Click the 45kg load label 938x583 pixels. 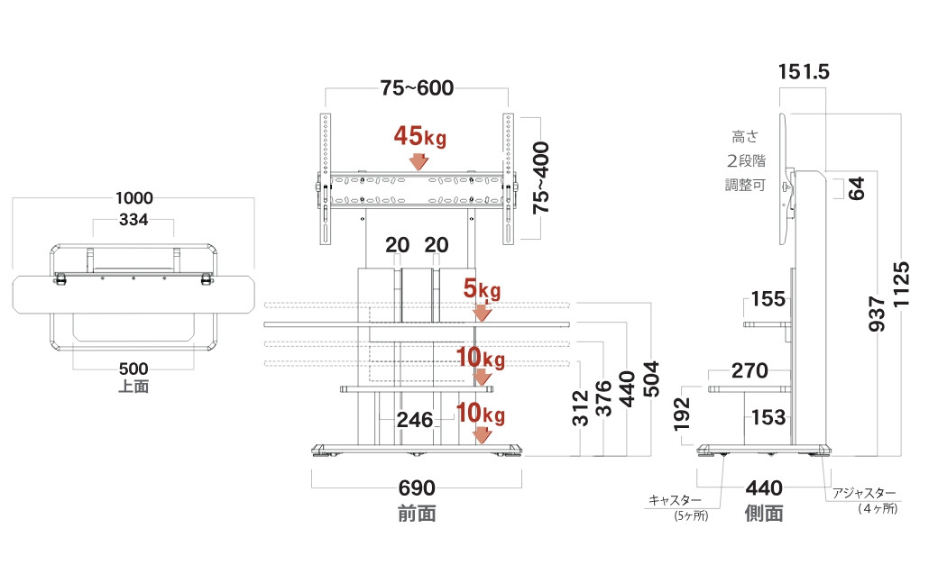419,137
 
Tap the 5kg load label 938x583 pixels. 482,290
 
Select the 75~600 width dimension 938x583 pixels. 416,88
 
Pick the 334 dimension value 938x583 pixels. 133,221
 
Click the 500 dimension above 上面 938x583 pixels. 133,369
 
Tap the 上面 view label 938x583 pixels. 133,387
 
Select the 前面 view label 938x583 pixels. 417,514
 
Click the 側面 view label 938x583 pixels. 763,514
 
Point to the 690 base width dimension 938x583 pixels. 417,488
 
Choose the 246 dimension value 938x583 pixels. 416,419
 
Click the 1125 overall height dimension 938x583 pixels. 903,285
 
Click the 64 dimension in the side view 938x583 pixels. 857,188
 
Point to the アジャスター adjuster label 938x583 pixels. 865,494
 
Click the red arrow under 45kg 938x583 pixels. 418,162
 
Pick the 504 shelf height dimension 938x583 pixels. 651,379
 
